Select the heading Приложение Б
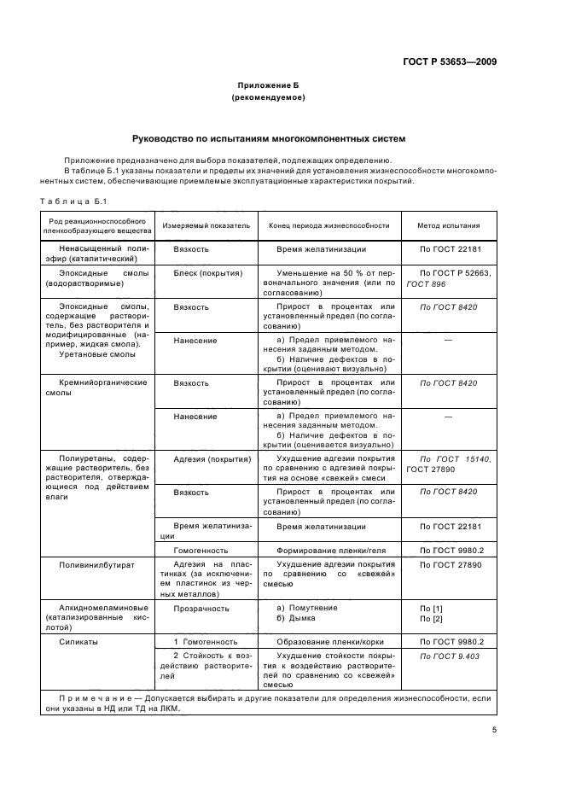coord(268,86)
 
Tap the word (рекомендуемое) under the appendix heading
coord(268,98)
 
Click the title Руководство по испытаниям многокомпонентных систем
coord(269,138)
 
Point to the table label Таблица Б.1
coord(71,200)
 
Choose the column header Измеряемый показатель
coord(206,225)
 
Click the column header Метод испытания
coord(448,225)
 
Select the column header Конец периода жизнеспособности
coord(329,225)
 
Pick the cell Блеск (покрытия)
coord(208,273)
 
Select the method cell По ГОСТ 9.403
coord(449,656)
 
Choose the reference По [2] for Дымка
coord(432,618)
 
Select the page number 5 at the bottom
coord(494,731)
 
